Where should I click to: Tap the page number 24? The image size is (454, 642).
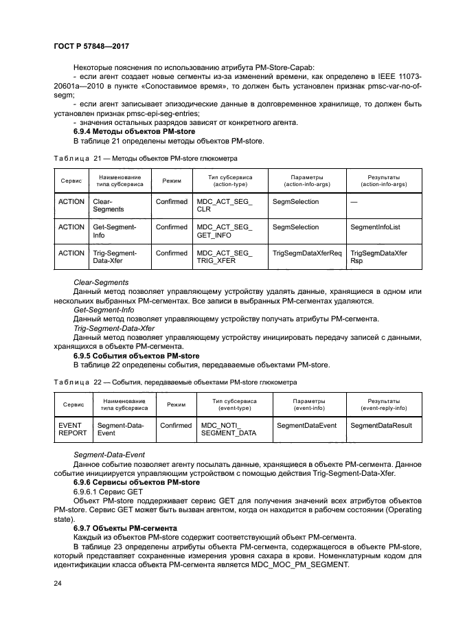point(58,584)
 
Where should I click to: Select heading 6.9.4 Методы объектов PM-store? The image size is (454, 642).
point(134,131)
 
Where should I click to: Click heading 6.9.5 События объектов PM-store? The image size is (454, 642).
point(136,356)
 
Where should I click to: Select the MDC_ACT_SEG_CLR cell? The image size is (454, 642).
point(225,206)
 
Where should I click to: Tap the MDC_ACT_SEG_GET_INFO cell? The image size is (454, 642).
point(225,231)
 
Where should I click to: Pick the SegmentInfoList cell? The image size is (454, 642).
point(375,227)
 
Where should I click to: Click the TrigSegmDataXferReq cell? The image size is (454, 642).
point(307,253)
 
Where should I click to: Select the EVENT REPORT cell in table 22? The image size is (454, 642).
point(72,430)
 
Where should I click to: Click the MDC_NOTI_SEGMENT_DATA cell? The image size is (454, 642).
point(228,430)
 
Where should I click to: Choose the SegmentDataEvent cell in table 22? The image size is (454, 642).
point(306,426)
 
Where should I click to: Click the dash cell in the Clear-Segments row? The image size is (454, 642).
point(354,203)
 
